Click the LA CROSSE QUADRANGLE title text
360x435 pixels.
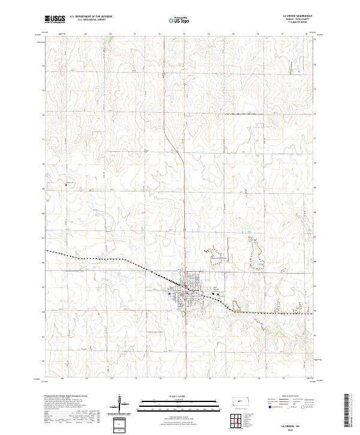click(292, 17)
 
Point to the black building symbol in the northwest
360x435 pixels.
click(65, 185)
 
